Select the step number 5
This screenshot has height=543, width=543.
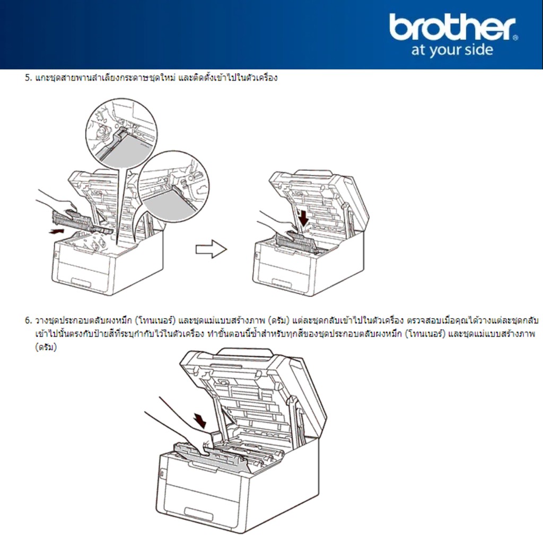[x=28, y=77]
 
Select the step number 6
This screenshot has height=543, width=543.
[x=28, y=320]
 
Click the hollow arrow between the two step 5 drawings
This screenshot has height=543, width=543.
[x=211, y=249]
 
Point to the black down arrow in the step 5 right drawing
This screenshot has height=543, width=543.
[x=304, y=217]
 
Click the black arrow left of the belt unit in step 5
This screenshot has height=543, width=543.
[x=56, y=231]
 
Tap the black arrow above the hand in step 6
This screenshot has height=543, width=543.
[x=200, y=420]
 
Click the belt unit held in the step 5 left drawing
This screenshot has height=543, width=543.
[x=82, y=221]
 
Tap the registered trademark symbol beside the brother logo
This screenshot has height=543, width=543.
[x=515, y=38]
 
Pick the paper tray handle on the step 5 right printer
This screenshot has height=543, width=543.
[x=281, y=282]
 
